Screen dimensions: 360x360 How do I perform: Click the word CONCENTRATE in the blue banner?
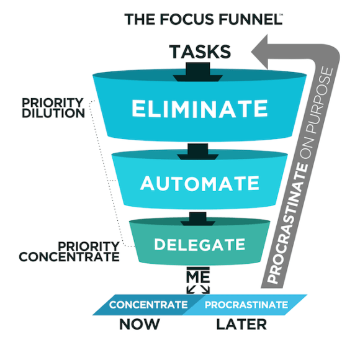tap(148, 305)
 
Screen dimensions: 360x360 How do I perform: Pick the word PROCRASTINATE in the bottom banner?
tap(246, 305)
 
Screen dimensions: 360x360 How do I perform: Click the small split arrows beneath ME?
tap(198, 289)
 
